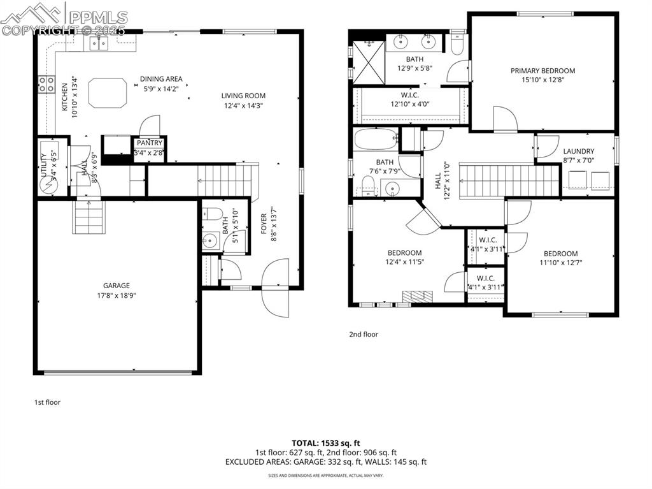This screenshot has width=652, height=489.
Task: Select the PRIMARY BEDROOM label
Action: tap(542, 71)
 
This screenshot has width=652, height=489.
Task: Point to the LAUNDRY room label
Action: tap(578, 151)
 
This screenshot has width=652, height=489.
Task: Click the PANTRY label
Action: tap(148, 143)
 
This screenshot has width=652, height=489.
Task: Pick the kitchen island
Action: tap(108, 93)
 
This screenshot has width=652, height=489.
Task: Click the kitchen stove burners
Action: tap(46, 84)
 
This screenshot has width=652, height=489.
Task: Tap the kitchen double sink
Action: tap(98, 43)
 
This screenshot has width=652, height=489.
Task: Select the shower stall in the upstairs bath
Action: tap(369, 62)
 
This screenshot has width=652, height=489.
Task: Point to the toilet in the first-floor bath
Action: tap(213, 214)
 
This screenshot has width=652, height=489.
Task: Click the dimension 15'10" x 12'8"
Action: tap(542, 80)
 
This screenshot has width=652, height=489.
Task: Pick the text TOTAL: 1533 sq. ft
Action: tap(326, 442)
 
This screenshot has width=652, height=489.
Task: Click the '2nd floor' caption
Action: tap(363, 334)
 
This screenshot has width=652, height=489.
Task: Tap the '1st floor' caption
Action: tap(47, 402)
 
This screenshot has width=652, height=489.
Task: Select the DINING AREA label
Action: tap(161, 79)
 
